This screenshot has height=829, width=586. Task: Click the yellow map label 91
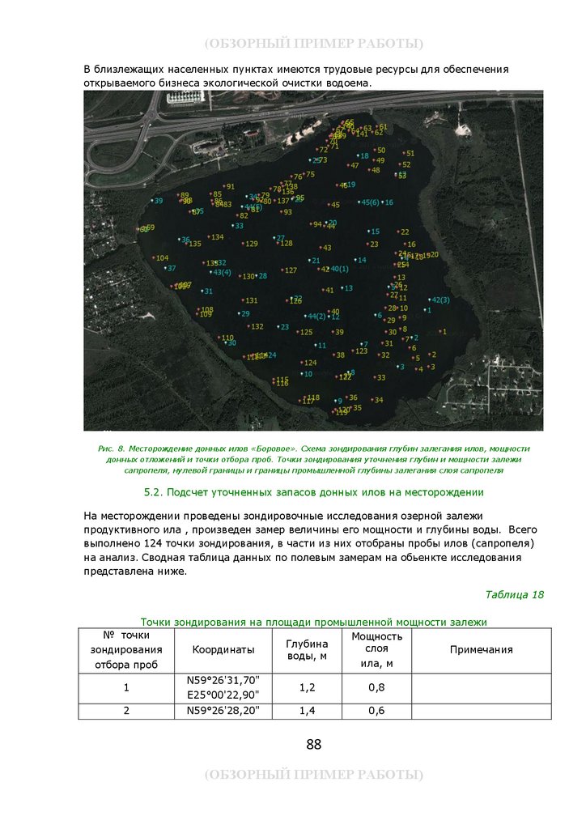tap(230, 187)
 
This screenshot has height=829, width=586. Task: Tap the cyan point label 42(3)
tap(439, 300)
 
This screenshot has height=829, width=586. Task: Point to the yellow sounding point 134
tap(216, 237)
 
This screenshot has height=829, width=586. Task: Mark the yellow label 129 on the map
tap(251, 244)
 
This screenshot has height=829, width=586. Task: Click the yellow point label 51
tap(410, 153)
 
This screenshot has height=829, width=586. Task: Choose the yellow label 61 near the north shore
tap(383, 127)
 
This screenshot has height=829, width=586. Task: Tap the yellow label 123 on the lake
tap(361, 351)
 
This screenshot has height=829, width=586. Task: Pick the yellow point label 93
tap(287, 212)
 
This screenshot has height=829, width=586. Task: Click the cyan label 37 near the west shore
tap(171, 268)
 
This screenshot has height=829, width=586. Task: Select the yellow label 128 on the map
tap(286, 244)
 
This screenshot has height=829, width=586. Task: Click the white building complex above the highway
tap(188, 98)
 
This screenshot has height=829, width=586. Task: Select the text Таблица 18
tap(514, 594)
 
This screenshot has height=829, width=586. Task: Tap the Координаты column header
tap(223, 649)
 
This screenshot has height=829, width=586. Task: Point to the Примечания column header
tap(482, 649)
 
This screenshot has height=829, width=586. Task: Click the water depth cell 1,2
tap(307, 687)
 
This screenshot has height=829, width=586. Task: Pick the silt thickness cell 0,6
tap(376, 711)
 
